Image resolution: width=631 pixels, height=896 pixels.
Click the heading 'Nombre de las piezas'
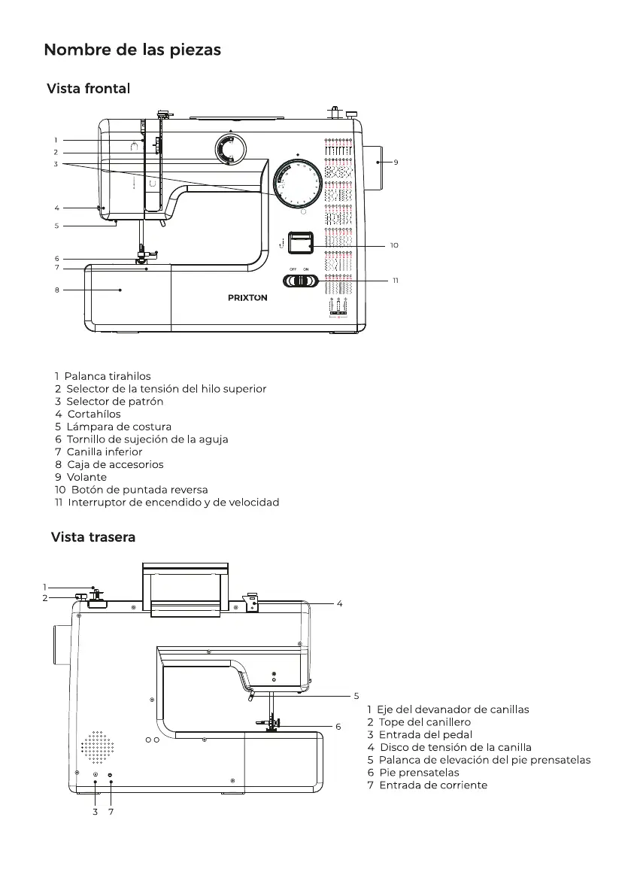[132, 50]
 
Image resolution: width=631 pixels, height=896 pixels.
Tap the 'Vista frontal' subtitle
[89, 89]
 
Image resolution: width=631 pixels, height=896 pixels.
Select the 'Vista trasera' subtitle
[93, 537]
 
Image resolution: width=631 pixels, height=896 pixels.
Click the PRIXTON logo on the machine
[247, 298]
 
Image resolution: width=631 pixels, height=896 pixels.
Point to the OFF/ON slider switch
[301, 281]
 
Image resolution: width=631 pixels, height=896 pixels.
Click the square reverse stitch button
[301, 242]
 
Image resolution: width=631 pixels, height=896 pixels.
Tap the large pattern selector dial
[298, 183]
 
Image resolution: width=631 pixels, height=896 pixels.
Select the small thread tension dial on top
[230, 149]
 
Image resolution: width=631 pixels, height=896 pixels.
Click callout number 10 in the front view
[394, 246]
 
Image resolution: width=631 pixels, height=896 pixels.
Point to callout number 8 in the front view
[57, 290]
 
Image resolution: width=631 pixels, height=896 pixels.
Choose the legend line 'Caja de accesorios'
[109, 465]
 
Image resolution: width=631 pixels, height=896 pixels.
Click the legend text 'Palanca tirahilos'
[103, 377]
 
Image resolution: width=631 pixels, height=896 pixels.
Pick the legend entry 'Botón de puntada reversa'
[132, 490]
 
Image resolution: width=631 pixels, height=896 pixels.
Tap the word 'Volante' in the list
[86, 477]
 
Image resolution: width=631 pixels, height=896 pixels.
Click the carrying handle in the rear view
[185, 588]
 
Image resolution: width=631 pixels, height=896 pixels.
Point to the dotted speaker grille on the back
[97, 747]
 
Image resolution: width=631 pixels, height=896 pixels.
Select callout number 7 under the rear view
[111, 812]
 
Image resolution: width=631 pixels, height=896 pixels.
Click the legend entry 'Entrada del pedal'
[420, 735]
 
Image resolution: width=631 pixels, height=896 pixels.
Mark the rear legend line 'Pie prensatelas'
[414, 773]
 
